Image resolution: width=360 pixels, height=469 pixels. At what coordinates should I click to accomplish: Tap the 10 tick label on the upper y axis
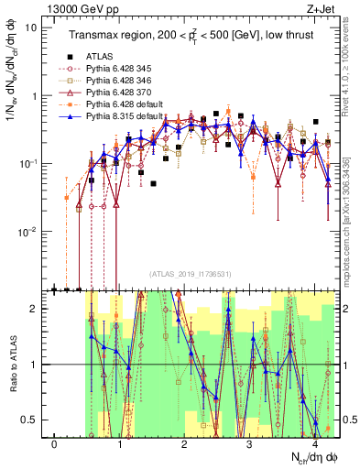31,27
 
